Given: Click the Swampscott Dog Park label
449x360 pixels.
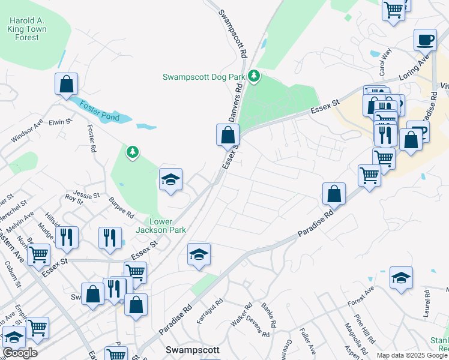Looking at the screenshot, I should click(204, 77).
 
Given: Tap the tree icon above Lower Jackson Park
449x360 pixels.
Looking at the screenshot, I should click(132, 152).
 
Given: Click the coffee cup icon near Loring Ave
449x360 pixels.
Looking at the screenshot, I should click(425, 40).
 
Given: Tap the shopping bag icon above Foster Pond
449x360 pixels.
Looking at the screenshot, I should click(66, 85).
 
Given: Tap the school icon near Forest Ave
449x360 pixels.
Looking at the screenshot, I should click(401, 278).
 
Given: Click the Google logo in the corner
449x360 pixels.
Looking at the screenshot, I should click(20, 353).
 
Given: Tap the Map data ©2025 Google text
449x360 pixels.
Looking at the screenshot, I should click(411, 355).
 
